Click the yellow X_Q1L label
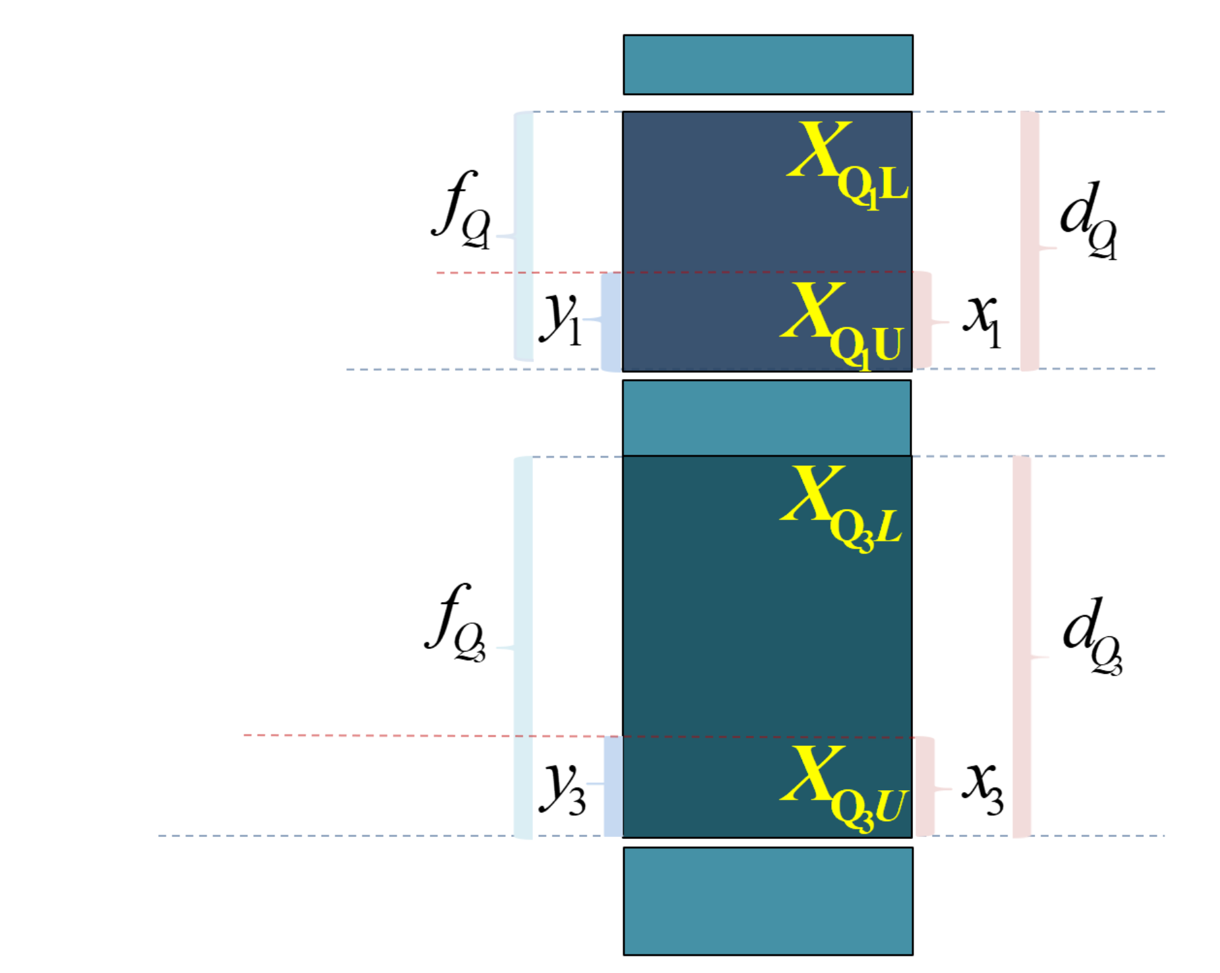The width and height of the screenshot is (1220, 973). click(x=848, y=166)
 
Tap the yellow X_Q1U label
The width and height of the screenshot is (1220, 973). click(x=841, y=326)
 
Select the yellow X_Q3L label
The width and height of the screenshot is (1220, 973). click(x=841, y=508)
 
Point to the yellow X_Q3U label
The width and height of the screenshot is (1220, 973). click(x=844, y=789)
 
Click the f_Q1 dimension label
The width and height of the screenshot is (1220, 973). click(x=461, y=210)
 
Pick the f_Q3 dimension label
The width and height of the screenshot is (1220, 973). click(x=456, y=623)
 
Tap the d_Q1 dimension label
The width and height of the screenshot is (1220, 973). click(x=1089, y=220)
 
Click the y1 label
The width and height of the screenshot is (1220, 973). click(x=560, y=318)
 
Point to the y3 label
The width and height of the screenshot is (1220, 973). click(x=562, y=788)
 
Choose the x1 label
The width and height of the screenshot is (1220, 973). click(x=982, y=321)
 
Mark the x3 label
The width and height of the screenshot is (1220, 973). click(x=983, y=788)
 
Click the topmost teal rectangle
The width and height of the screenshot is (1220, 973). click(x=768, y=65)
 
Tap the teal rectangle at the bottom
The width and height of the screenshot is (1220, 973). click(x=768, y=901)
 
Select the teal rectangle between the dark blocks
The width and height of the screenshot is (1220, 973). click(x=767, y=418)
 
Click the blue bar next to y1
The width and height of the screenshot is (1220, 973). click(x=611, y=321)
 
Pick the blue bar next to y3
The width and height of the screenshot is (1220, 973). click(x=613, y=786)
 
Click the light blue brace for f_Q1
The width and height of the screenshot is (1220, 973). click(x=516, y=236)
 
